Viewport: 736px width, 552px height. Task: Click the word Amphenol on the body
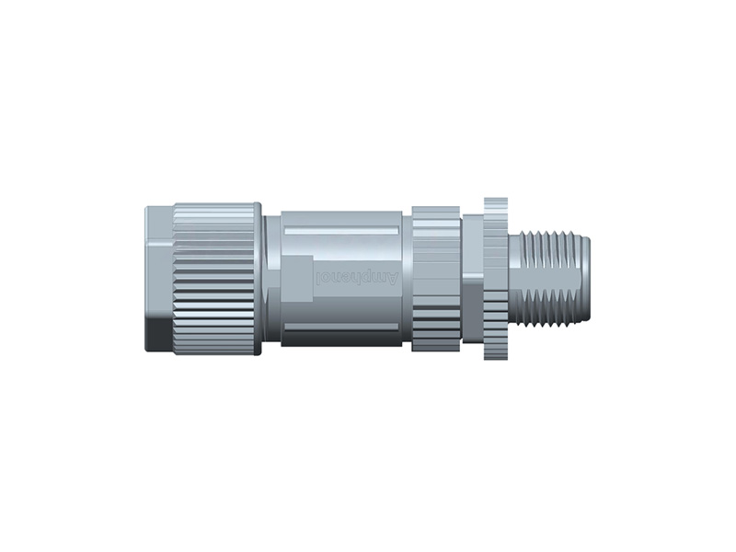click(358, 277)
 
